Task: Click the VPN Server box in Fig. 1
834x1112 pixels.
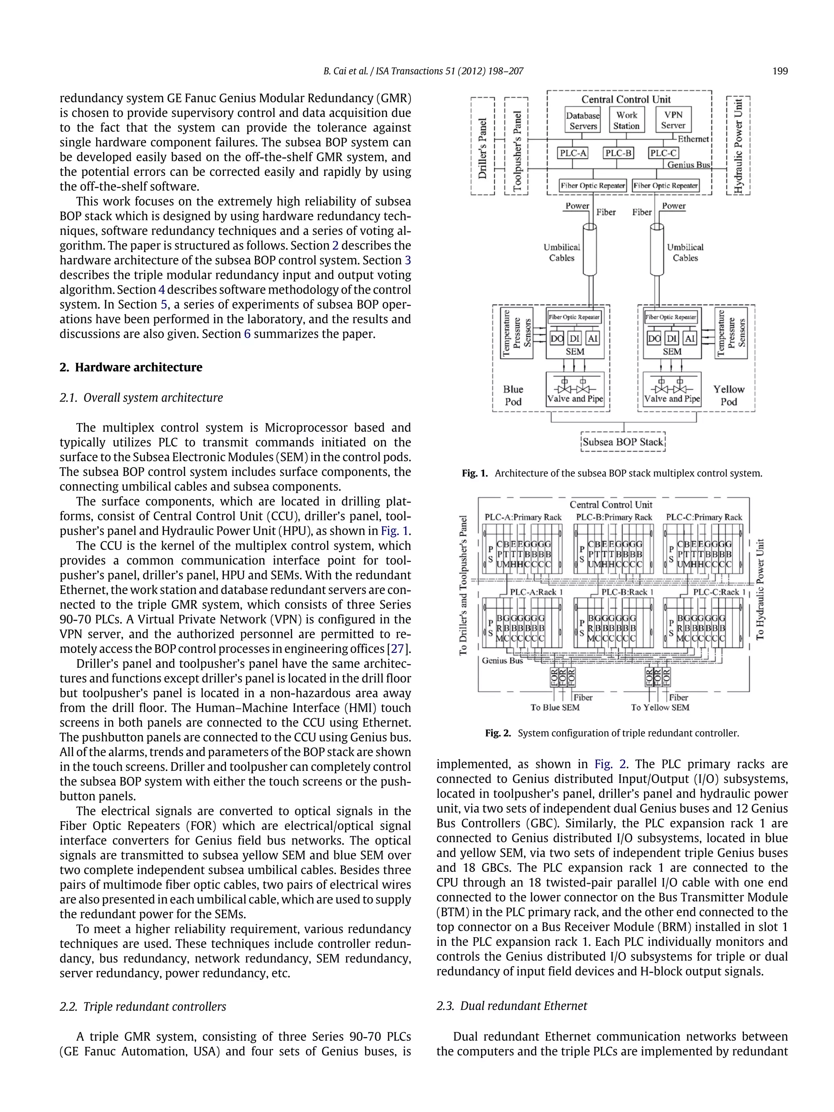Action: pos(673,120)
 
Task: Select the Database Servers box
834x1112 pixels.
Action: pos(583,121)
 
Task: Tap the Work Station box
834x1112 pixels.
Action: pos(626,120)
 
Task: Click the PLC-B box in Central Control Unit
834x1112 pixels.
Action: pos(618,153)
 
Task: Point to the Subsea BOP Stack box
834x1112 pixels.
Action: pos(623,442)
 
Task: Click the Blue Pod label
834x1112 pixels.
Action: pos(513,395)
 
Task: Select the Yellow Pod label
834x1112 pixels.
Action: pos(729,395)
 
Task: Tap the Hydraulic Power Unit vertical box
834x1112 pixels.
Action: pos(738,146)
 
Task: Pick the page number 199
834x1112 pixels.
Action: pos(780,71)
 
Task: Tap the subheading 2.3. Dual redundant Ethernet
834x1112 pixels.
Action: pos(512,1005)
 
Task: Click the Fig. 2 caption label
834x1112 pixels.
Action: pos(497,733)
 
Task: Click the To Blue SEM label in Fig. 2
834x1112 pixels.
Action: pos(555,707)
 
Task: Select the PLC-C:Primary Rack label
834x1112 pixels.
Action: pos(703,517)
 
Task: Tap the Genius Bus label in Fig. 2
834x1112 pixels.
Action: pos(502,660)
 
